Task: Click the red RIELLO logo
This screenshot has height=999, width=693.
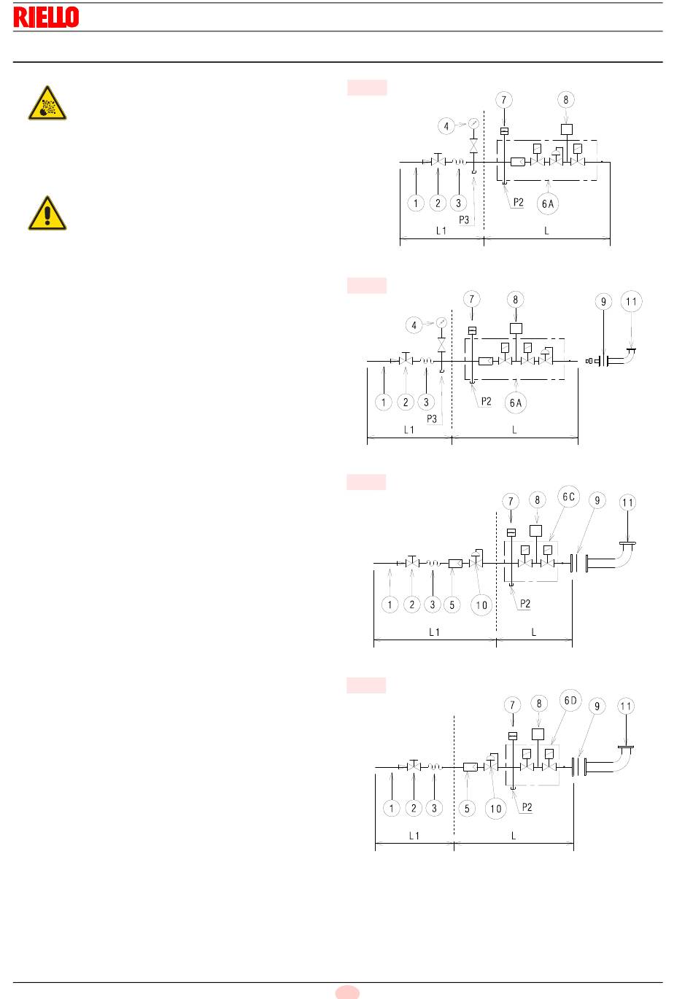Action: (46, 17)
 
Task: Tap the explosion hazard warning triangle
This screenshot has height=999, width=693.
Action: (47, 103)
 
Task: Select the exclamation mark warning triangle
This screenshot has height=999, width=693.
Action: (47, 213)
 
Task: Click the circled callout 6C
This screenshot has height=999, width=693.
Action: (568, 497)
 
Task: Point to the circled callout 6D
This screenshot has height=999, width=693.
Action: (570, 701)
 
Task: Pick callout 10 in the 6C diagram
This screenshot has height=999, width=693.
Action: (481, 605)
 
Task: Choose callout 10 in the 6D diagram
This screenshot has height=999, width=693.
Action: (496, 809)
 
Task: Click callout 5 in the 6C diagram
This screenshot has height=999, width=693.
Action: (452, 605)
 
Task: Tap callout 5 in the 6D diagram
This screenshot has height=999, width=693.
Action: (467, 809)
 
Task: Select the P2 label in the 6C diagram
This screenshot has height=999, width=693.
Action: (525, 604)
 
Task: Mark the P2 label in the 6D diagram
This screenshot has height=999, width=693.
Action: (527, 807)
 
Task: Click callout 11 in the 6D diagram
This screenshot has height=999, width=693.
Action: (626, 707)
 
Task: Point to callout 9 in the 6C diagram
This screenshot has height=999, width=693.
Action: (597, 500)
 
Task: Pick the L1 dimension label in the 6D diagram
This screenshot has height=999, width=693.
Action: (414, 836)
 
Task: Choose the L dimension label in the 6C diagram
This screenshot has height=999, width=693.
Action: (534, 632)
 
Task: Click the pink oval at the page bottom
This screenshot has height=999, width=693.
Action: (347, 992)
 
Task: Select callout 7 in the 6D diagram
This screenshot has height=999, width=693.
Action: (512, 705)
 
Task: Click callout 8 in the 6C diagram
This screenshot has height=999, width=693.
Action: (538, 500)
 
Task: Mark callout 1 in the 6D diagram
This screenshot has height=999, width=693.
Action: (391, 808)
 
